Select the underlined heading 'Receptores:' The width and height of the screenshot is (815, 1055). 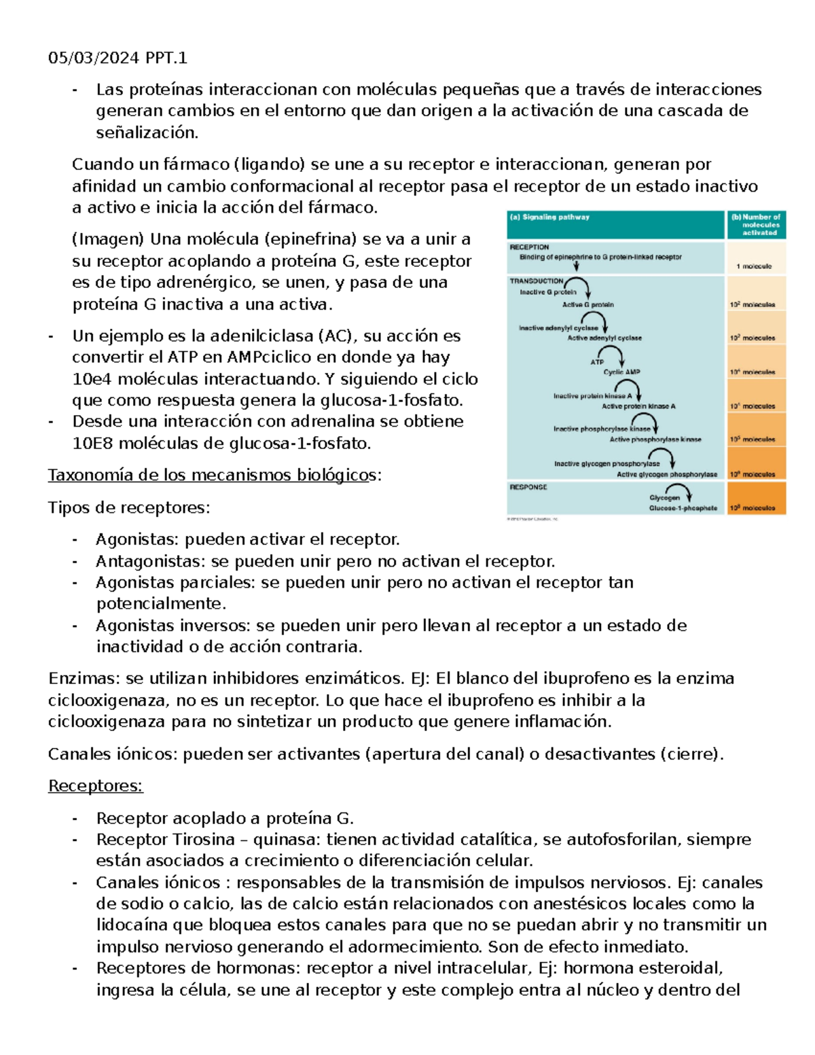tap(95, 786)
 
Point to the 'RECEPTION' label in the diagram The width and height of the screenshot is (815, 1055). tap(529, 247)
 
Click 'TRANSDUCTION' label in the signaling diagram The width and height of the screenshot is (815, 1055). tap(537, 281)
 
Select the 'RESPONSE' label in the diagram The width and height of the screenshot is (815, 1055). tap(528, 487)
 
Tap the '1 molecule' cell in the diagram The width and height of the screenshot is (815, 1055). tap(754, 266)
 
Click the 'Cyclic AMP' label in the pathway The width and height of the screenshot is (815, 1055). tap(621, 372)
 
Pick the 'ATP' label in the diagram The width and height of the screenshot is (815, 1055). tap(597, 362)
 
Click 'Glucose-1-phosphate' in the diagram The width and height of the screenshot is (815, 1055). tap(683, 508)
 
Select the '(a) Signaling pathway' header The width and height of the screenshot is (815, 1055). tap(549, 217)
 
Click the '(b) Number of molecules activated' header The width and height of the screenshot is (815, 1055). tap(757, 225)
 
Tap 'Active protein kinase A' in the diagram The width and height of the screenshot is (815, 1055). tap(638, 406)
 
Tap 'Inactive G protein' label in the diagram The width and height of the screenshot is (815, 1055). tap(548, 292)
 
